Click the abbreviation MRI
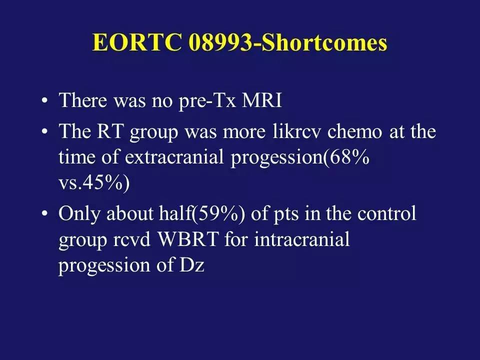point(261,100)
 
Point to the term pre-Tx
point(207,101)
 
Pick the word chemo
point(355,131)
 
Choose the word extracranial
point(174,157)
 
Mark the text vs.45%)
point(94,183)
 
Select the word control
point(386,213)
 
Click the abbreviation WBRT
point(188,239)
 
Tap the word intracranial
point(302,239)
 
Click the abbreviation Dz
point(191,265)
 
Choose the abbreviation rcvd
point(132,239)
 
